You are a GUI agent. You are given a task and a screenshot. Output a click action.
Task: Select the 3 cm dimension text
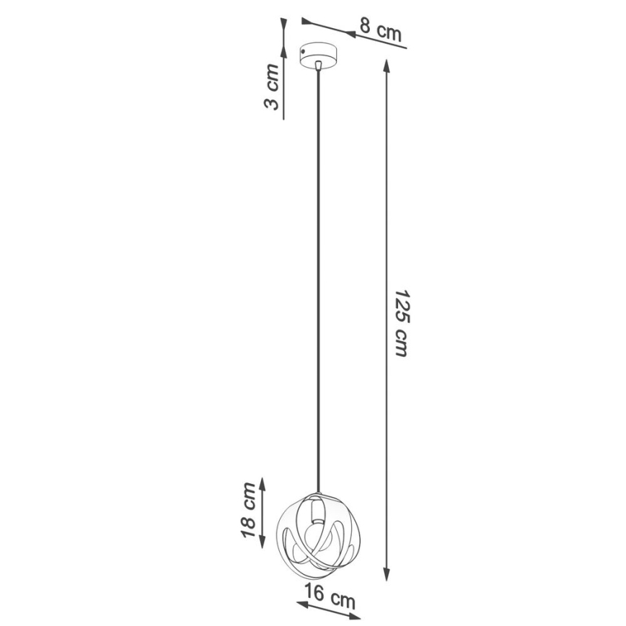tap(271, 87)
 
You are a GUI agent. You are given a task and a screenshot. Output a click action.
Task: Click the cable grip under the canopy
tap(317, 69)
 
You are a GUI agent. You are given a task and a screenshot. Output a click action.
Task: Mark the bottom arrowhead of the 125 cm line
tap(387, 576)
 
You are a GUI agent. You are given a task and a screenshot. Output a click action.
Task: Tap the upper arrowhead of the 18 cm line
tap(262, 482)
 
